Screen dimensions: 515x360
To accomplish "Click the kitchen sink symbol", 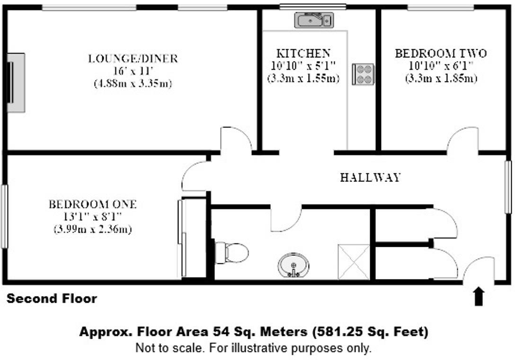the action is tap(314, 20).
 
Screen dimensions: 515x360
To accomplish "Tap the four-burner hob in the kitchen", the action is tap(363, 74).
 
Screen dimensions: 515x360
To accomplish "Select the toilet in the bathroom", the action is tap(231, 253).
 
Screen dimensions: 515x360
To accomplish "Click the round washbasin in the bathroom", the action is tap(293, 265).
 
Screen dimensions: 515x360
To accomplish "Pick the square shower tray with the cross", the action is tap(354, 262).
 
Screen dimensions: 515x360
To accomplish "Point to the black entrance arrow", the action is tap(479, 296).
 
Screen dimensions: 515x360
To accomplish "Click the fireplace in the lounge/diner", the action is tap(16, 82).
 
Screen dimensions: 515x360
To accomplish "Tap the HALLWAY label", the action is tap(371, 178).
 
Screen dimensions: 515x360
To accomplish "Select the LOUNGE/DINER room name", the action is tap(133, 59).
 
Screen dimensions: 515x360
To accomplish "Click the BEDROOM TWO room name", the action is tap(441, 53).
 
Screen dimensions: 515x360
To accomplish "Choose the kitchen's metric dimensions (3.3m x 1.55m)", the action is tap(303, 79).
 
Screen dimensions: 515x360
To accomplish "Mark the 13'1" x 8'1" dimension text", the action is tap(93, 216).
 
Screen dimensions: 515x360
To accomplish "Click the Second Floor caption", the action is tap(52, 298).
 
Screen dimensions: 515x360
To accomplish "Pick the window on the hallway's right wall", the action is tap(508, 187).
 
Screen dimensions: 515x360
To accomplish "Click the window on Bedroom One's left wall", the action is tap(4, 216).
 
